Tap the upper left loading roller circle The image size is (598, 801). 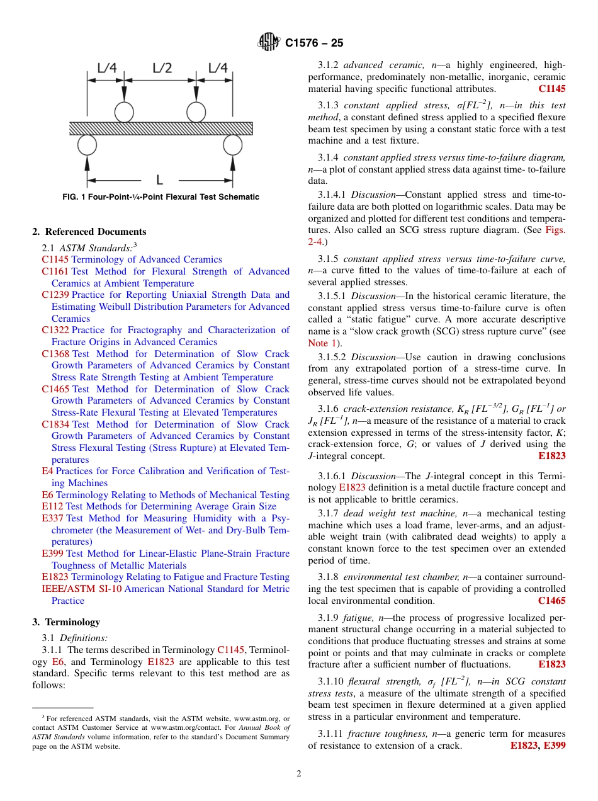124,112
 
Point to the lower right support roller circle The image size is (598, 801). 232,145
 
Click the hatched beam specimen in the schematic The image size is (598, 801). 161,128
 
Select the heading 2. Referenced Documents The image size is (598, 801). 89,232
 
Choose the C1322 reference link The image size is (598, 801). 55,330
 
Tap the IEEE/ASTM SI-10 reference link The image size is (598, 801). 82,589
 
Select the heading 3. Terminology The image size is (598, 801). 66,622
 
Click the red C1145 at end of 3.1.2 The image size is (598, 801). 551,89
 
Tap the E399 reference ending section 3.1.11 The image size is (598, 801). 555,746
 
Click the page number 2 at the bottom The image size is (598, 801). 299,774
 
